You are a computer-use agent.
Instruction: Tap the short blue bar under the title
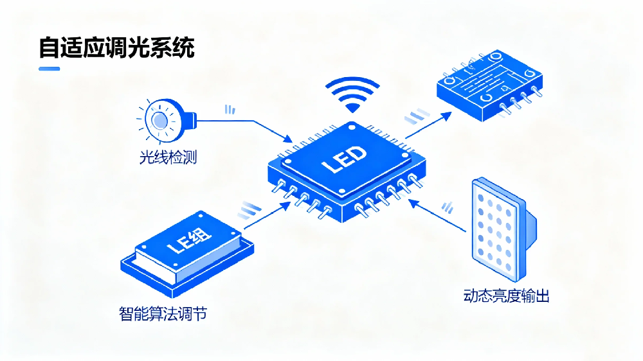tap(50, 69)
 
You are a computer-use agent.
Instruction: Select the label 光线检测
tap(168, 156)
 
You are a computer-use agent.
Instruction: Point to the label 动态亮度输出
tap(506, 296)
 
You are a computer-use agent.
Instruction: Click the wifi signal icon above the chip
tap(352, 95)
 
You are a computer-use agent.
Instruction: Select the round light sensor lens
tap(159, 120)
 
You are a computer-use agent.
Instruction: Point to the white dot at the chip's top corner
tap(351, 128)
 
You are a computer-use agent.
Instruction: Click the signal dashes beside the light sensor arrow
tap(230, 110)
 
